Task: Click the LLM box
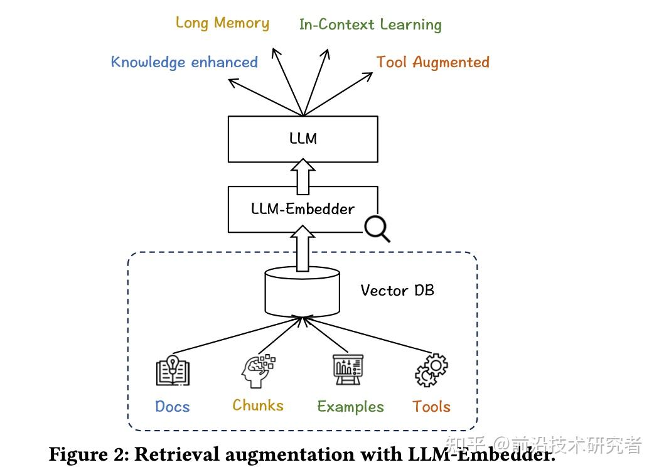(x=303, y=139)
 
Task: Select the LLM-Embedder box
(x=303, y=209)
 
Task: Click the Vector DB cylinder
(x=303, y=293)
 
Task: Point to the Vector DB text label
(x=397, y=291)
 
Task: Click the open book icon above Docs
(x=173, y=370)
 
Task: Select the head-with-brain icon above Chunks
(x=257, y=370)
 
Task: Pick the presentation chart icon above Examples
(x=348, y=370)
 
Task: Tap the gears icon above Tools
(x=431, y=370)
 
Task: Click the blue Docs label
(x=173, y=407)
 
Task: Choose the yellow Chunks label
(x=258, y=405)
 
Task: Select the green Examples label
(x=350, y=407)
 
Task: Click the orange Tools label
(x=431, y=407)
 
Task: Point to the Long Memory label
(x=222, y=23)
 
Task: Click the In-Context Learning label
(x=370, y=25)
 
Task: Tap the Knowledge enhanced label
(x=185, y=62)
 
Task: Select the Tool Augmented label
(x=432, y=62)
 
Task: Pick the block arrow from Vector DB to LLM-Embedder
(x=303, y=250)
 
